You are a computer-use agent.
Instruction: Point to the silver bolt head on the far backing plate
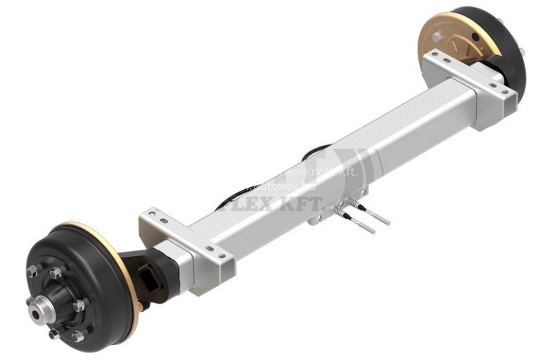pos(437,37)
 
